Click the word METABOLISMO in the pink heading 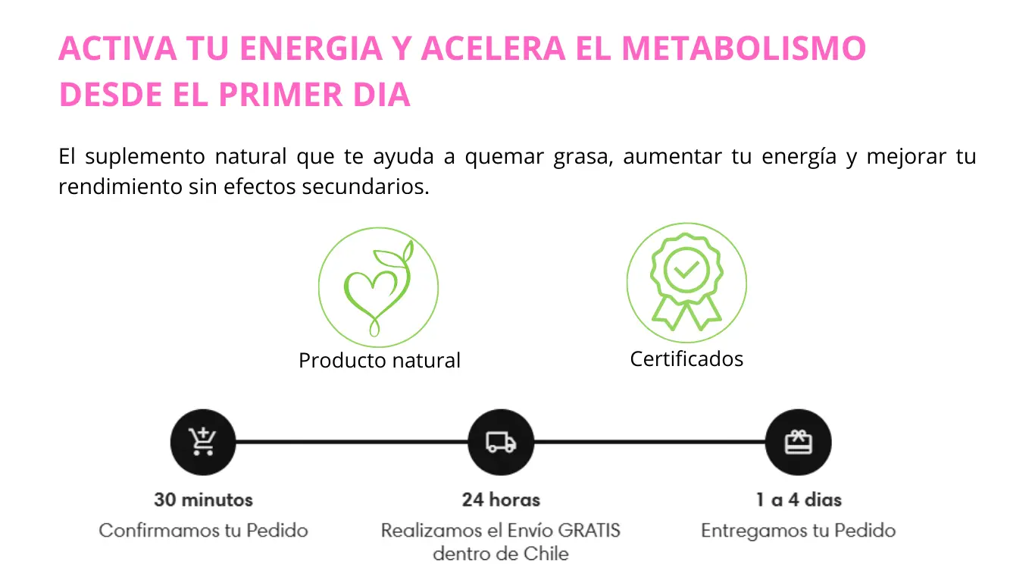point(744,48)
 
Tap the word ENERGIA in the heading point(311,48)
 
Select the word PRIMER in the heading point(280,94)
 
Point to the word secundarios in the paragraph point(365,186)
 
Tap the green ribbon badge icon point(686,282)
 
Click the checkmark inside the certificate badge point(686,269)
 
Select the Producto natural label point(380,361)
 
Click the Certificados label point(686,359)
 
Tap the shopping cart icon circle point(203,443)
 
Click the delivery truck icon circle point(501,443)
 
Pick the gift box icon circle point(799,443)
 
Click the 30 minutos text point(203,500)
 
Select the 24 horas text point(501,500)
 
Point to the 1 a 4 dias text point(799,500)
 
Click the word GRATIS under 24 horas point(589,530)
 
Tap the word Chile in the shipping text point(546,554)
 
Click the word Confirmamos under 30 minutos point(159,530)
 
